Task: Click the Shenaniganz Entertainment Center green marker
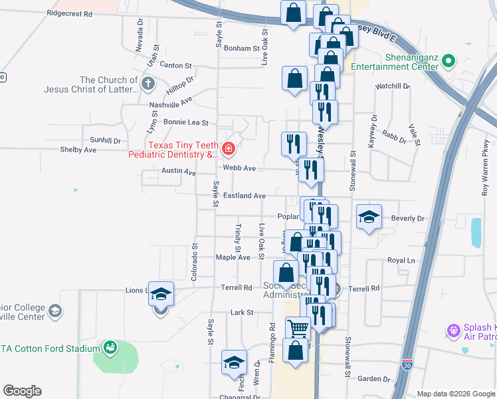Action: coord(448,62)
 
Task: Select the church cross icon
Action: coord(148,84)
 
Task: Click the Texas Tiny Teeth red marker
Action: coord(229,148)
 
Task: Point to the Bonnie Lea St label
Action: coord(186,123)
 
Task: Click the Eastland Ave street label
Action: coord(244,196)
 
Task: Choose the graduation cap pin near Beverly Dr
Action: coord(369,217)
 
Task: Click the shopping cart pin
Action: coord(298,327)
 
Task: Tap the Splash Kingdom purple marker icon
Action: coord(454,330)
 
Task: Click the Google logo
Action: coord(22,391)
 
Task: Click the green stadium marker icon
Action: coord(110,346)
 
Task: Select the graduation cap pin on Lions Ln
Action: coord(160,293)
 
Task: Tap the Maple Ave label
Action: coord(233,257)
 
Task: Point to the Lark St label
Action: coord(242,312)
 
